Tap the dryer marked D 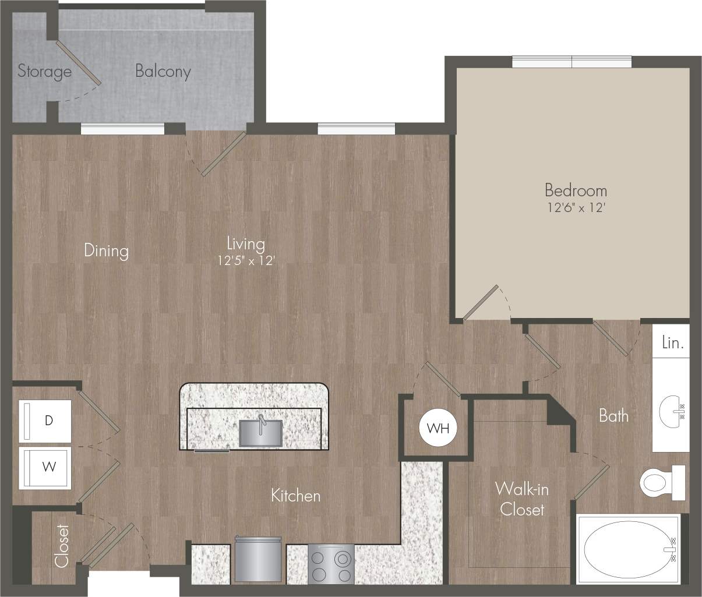click(x=47, y=421)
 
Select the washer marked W click(x=47, y=468)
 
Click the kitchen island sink click(x=260, y=432)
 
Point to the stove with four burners click(x=331, y=563)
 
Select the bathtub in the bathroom click(x=629, y=549)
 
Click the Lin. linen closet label click(x=672, y=343)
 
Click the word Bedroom click(x=576, y=190)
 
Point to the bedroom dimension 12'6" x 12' click(x=576, y=207)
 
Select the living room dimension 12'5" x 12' click(x=246, y=262)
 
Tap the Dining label click(x=106, y=250)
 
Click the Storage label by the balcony click(x=44, y=71)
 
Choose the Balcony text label click(x=163, y=71)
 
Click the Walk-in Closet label click(x=522, y=499)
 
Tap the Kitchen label click(x=295, y=496)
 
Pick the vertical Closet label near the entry click(x=62, y=546)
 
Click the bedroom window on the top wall click(x=571, y=62)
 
